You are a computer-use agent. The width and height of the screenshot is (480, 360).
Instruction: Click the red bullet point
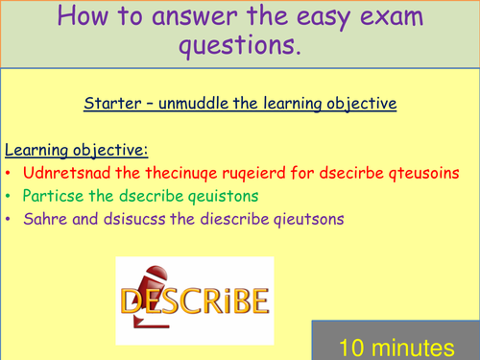(x=9, y=175)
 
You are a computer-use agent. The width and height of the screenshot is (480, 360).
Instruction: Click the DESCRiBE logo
(x=194, y=301)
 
